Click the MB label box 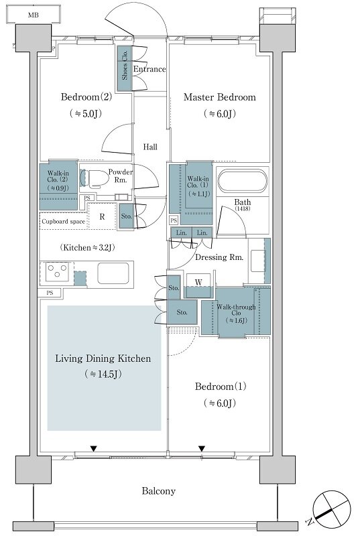(34, 15)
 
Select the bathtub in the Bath (243, 181)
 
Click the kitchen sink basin (113, 273)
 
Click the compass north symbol (331, 509)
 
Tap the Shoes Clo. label (125, 65)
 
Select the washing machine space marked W (198, 282)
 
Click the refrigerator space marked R (102, 216)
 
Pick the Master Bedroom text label (219, 97)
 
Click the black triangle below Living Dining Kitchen (94, 448)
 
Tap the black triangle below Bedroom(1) (202, 448)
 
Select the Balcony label (159, 491)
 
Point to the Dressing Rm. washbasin (258, 261)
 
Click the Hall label (150, 147)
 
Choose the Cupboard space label (63, 222)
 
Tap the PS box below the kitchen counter (50, 293)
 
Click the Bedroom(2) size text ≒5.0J (86, 113)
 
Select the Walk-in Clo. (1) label (198, 186)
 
